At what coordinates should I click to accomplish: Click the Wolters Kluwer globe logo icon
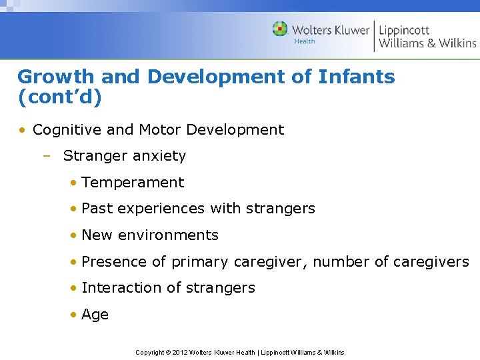pyautogui.click(x=280, y=29)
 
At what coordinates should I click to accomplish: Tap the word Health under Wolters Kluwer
pyautogui.click(x=305, y=41)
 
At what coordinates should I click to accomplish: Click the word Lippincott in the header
pyautogui.click(x=404, y=30)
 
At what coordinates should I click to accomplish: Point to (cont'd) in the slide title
pyautogui.click(x=60, y=97)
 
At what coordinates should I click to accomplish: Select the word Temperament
pyautogui.click(x=133, y=183)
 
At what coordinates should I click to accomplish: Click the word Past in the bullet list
pyautogui.click(x=95, y=209)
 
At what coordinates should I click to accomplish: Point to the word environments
pyautogui.click(x=168, y=235)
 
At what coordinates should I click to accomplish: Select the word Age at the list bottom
pyautogui.click(x=95, y=315)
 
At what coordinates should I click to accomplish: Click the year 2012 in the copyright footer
pyautogui.click(x=180, y=352)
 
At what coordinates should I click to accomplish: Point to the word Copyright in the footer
pyautogui.click(x=150, y=352)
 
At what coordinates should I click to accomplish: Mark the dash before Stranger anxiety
pyautogui.click(x=46, y=156)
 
